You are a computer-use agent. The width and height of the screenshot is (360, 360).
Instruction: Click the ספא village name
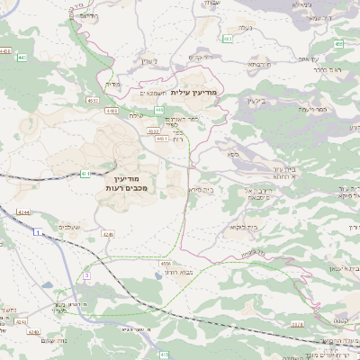coord(232,155)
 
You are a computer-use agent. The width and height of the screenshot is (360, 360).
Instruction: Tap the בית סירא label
coord(202,190)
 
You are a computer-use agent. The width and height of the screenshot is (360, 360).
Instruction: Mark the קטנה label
coord(340,320)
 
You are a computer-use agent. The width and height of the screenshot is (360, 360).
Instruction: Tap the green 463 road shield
coord(229,39)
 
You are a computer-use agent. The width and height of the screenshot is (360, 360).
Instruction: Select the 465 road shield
coord(338,43)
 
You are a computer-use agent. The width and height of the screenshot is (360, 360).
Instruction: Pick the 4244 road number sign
coord(22,212)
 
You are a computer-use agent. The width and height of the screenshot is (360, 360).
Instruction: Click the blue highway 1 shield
coord(37,232)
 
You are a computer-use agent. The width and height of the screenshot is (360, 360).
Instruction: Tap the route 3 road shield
coord(86,274)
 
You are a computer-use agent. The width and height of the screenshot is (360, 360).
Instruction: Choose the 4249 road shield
coord(108,234)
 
